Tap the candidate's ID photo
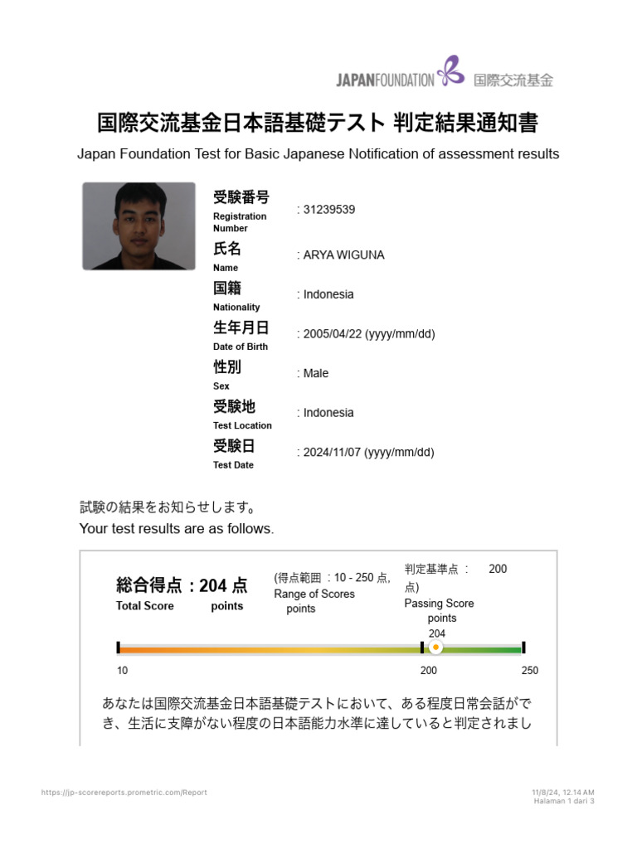tap(139, 226)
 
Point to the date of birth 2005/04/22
tap(333, 334)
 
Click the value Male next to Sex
tap(316, 373)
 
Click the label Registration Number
tap(240, 222)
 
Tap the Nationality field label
tap(236, 307)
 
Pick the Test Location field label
tap(242, 425)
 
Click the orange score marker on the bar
tap(435, 648)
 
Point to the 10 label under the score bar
tap(122, 671)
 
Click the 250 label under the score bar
tap(529, 671)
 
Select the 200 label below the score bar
tap(429, 671)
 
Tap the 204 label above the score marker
tap(437, 633)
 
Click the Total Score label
tap(145, 606)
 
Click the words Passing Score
tap(439, 604)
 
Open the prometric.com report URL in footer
tap(124, 793)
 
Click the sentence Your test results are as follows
tap(177, 529)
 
